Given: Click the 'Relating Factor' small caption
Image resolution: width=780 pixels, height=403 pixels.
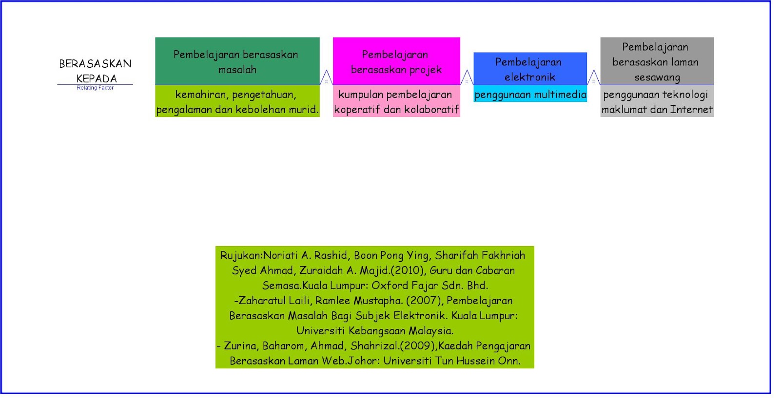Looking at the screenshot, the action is [95, 88].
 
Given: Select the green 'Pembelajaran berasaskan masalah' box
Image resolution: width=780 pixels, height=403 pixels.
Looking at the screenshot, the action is [237, 61].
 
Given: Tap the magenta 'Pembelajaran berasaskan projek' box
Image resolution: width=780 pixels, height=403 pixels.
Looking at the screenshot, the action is [396, 61].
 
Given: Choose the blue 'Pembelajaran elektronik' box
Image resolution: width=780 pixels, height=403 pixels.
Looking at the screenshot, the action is [530, 69].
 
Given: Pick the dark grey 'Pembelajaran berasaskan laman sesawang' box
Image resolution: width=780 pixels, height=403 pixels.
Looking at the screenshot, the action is [657, 61].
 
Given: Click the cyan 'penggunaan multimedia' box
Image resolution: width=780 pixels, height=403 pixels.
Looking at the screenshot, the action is [530, 94].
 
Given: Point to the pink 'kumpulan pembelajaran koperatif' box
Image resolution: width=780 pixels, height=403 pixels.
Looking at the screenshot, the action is [396, 101].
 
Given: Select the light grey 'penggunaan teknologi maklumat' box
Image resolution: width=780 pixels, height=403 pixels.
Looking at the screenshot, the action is [657, 101].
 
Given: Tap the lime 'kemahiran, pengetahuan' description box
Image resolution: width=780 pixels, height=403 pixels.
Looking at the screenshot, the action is [237, 101].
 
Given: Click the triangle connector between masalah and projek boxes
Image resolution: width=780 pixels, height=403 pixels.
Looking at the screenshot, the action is [326, 78].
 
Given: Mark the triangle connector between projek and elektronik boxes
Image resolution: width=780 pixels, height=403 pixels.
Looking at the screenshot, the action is [467, 78].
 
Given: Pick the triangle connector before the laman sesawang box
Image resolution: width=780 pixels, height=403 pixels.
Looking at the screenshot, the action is [593, 78].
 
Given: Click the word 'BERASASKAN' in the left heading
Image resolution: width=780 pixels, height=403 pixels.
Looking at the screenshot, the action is [95, 64].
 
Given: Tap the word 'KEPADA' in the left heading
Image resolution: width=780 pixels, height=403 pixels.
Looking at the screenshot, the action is [97, 79].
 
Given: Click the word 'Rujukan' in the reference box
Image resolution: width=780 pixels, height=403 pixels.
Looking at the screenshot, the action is [241, 255].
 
